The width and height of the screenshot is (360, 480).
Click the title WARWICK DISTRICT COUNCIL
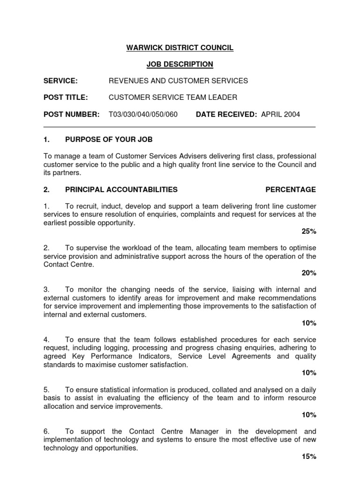(180, 48)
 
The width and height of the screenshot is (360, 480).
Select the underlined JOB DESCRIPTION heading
(180, 64)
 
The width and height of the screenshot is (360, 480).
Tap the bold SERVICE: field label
(60, 81)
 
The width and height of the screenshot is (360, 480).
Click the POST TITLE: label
(66, 97)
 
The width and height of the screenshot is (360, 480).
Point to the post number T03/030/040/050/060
(143, 114)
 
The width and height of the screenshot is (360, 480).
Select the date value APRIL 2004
(280, 114)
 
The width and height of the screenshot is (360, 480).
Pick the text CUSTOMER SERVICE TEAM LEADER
(173, 97)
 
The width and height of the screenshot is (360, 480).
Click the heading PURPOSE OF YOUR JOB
(109, 140)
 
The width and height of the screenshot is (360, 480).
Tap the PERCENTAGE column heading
(291, 189)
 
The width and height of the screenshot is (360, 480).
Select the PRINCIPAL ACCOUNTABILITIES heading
(121, 189)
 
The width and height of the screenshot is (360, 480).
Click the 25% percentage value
(309, 231)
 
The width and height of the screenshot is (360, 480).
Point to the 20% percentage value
(309, 273)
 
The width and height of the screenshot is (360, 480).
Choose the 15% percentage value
(309, 456)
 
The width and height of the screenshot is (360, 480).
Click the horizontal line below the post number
(180, 127)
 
